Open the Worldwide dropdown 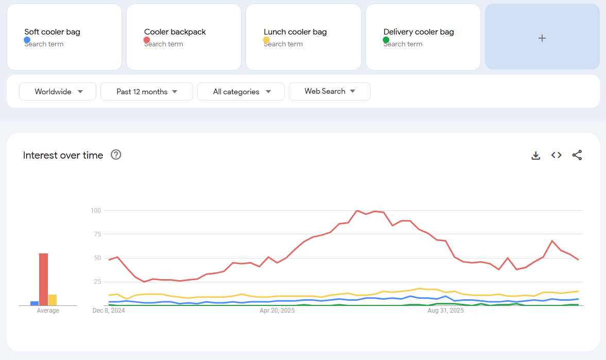(x=58, y=92)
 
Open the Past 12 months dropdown (x=146, y=92)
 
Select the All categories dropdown (x=241, y=92)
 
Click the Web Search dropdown (x=330, y=92)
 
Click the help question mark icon (x=116, y=155)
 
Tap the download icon (x=535, y=156)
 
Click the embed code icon (x=556, y=155)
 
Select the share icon (x=577, y=155)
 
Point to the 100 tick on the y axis (x=96, y=210)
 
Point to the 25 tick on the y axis (x=97, y=282)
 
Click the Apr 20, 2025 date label (x=277, y=311)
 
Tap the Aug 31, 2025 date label (x=445, y=311)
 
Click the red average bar (x=43, y=279)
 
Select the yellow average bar (x=53, y=300)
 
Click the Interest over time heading (x=63, y=155)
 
